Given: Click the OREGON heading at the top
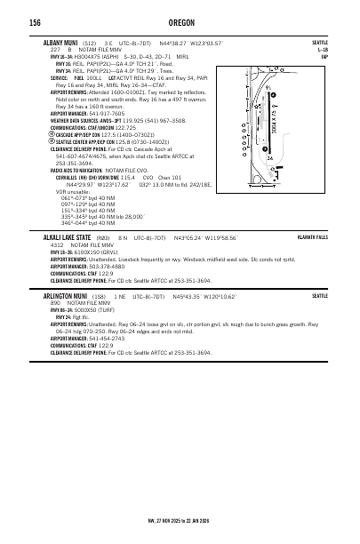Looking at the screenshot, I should tap(180, 22).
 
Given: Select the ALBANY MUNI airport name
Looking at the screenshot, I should tap(60, 43).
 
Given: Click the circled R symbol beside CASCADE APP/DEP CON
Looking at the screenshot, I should tap(52, 134).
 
